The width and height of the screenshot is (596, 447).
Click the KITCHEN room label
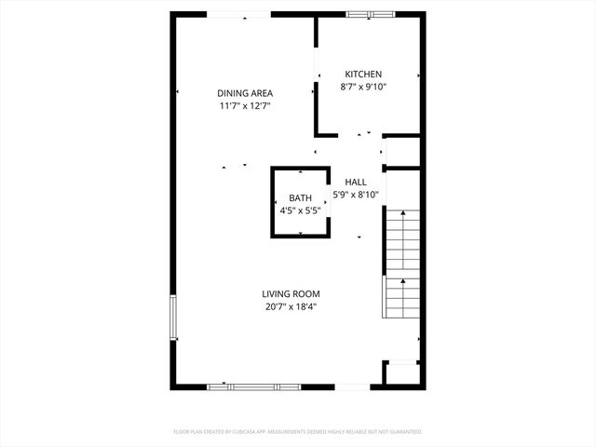[x=363, y=74]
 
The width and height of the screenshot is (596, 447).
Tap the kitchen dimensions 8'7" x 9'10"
[x=363, y=87]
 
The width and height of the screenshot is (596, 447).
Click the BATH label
[x=300, y=198]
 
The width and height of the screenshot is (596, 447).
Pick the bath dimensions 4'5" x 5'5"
[x=300, y=210]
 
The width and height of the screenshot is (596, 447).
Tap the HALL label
[x=356, y=183]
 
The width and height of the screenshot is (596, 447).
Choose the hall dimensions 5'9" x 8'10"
[x=356, y=195]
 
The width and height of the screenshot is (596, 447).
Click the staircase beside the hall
[x=402, y=263]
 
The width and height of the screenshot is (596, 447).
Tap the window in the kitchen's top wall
[x=367, y=14]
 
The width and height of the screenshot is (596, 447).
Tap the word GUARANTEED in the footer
[x=401, y=432]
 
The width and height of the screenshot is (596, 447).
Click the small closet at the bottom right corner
[x=402, y=372]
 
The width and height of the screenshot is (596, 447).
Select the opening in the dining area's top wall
[x=238, y=14]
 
